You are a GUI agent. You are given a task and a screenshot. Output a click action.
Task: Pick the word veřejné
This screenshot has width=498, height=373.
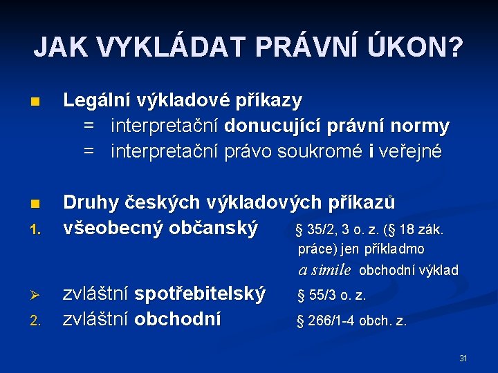411,151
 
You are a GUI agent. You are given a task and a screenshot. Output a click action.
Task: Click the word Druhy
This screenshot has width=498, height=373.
89,203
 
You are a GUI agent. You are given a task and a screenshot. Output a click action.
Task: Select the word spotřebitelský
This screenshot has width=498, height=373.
200,294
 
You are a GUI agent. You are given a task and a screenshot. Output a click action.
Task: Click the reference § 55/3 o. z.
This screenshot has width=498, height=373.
331,296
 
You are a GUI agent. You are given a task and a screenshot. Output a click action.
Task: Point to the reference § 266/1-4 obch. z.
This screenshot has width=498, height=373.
352,321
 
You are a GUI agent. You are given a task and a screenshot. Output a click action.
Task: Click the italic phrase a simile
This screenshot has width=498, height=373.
325,270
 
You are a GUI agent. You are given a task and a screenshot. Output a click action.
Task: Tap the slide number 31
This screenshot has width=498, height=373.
463,358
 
